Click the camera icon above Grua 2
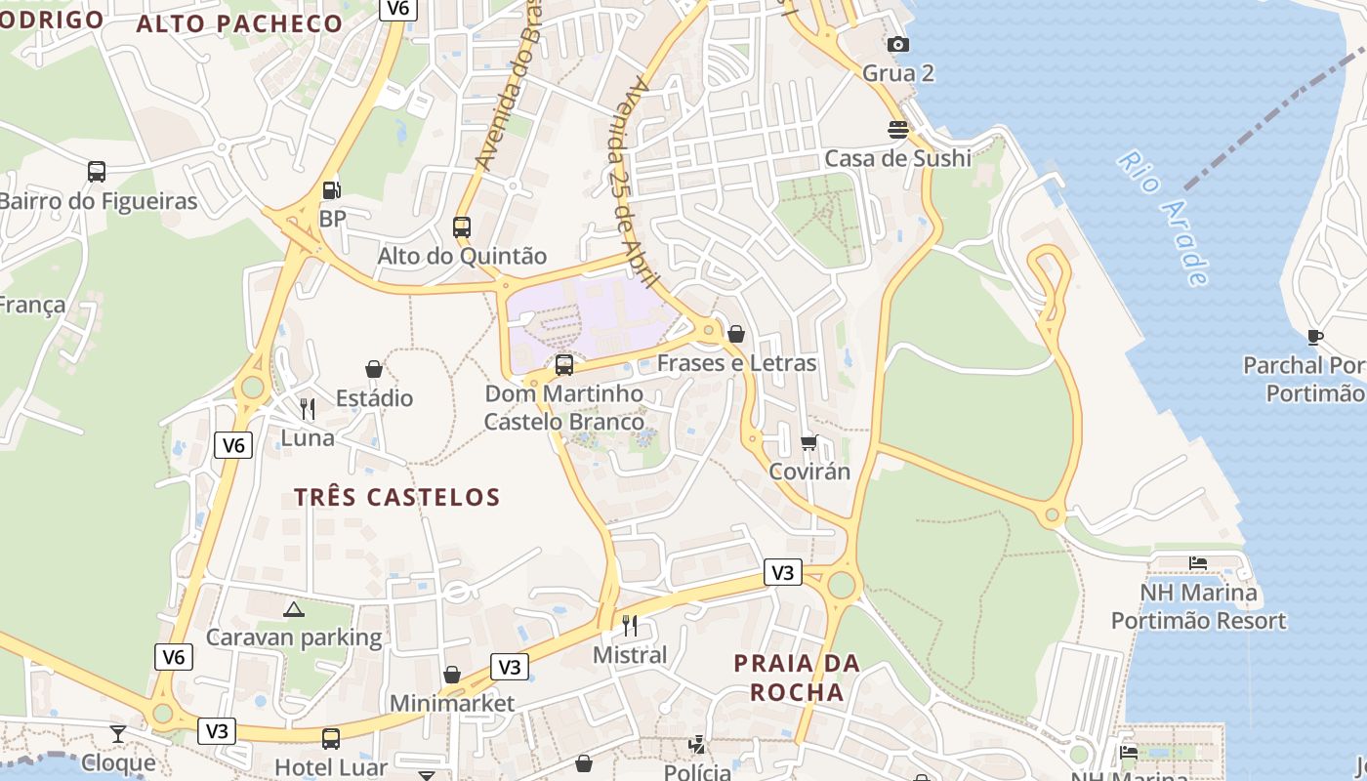click(x=897, y=44)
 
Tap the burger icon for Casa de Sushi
click(x=897, y=129)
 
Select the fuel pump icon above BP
click(x=332, y=190)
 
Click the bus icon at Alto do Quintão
click(x=462, y=227)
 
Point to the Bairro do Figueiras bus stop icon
click(x=97, y=172)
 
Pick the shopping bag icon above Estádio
click(x=374, y=369)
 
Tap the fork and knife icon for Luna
click(x=308, y=408)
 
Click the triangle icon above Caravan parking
click(x=294, y=609)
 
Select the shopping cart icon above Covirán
click(x=808, y=443)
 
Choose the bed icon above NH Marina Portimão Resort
click(x=1198, y=563)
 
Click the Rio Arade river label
click(x=1163, y=218)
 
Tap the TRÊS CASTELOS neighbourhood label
click(x=397, y=497)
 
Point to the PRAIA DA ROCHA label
click(x=797, y=678)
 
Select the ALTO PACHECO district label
click(x=239, y=24)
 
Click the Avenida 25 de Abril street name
click(x=634, y=181)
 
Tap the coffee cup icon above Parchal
click(x=1315, y=337)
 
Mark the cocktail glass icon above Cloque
click(x=118, y=733)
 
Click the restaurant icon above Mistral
click(x=630, y=625)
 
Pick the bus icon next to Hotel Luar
click(x=331, y=738)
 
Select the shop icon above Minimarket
click(x=452, y=675)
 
